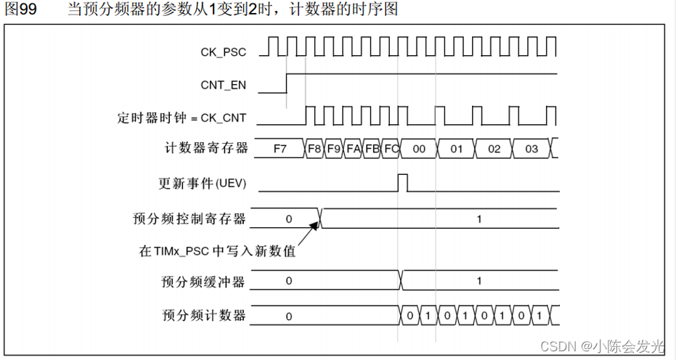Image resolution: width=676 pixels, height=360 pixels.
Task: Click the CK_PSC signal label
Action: tap(223, 52)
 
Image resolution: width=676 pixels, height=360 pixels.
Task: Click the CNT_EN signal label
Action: tap(223, 86)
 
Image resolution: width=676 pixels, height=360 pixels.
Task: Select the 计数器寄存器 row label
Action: tap(206, 149)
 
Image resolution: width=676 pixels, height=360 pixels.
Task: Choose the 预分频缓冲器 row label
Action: tap(203, 281)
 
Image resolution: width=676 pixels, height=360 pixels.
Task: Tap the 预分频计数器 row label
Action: tap(203, 316)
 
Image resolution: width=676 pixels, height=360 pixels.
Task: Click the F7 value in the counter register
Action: tap(280, 149)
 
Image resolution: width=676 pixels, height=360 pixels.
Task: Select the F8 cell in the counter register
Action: tap(314, 149)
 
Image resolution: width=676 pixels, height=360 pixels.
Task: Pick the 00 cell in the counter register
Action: tap(418, 149)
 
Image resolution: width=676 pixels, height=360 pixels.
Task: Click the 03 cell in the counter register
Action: tap(532, 149)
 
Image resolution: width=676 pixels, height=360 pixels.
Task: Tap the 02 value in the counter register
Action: tap(494, 149)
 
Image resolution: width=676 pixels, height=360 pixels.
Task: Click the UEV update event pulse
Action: tap(403, 182)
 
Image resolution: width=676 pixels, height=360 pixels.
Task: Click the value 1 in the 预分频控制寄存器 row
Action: tap(479, 218)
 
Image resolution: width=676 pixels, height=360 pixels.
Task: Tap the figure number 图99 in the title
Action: tap(21, 10)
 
